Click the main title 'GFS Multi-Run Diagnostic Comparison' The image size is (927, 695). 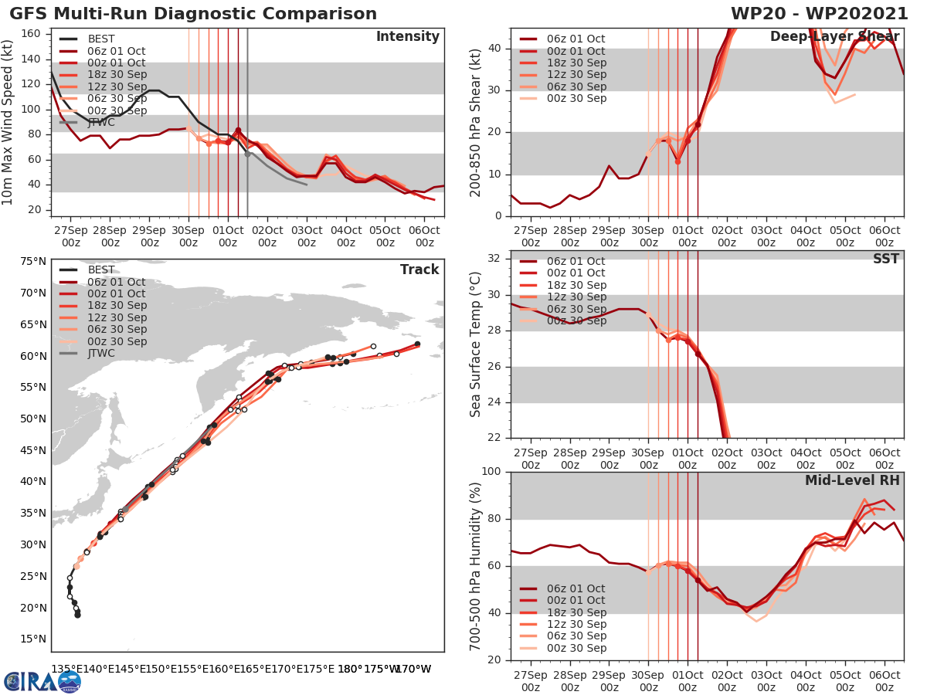[193, 14]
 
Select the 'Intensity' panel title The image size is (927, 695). [407, 37]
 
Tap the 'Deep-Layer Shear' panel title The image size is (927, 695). [834, 37]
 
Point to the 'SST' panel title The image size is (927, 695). [885, 259]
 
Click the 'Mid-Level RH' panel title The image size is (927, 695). [852, 480]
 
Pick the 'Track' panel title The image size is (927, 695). [419, 270]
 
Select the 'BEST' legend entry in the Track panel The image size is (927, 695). [101, 270]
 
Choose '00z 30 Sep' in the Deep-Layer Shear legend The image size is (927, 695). [576, 98]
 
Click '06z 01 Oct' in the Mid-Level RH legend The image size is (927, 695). [576, 588]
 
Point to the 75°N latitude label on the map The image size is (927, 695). [32, 261]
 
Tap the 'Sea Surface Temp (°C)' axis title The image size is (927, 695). [476, 344]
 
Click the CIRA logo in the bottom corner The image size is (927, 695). [42, 681]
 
